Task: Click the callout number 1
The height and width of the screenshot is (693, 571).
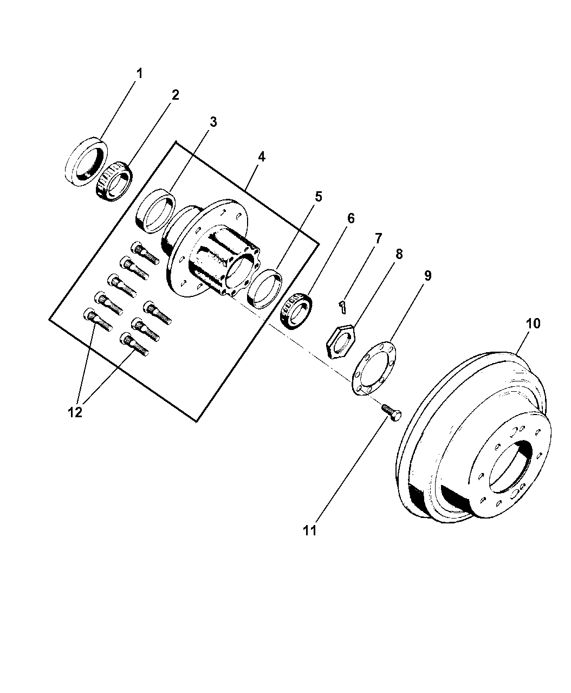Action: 139,73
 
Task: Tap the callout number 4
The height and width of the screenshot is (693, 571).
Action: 261,157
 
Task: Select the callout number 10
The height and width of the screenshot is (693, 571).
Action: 533,323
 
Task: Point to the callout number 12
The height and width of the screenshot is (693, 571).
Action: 75,412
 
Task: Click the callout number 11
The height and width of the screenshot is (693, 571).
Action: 309,530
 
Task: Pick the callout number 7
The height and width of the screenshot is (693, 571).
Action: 378,238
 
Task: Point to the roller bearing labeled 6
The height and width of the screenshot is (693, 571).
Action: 295,310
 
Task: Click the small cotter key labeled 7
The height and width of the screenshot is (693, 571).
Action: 342,307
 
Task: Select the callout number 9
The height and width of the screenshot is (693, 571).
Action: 427,276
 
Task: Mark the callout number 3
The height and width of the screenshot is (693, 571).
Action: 213,122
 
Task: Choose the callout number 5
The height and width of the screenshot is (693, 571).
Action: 318,196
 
